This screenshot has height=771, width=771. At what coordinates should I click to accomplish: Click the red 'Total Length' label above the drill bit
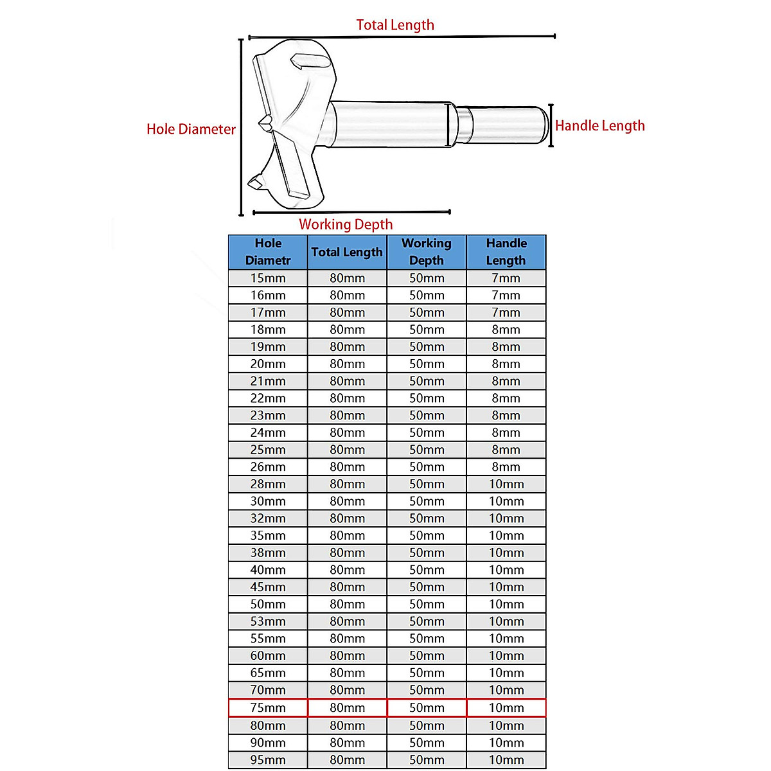tap(395, 25)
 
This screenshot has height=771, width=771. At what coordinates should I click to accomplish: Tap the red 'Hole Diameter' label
tap(191, 129)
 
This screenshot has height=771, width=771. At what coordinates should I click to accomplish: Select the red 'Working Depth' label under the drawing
tap(346, 224)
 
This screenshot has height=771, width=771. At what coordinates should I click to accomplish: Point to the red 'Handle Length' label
tap(599, 126)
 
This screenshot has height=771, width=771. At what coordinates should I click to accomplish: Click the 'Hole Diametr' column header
tap(268, 252)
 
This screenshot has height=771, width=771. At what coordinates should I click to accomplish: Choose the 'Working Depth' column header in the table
tap(427, 252)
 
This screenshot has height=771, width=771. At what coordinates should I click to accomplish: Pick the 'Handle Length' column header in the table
tap(506, 252)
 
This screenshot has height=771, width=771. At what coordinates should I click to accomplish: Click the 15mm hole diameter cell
tap(268, 278)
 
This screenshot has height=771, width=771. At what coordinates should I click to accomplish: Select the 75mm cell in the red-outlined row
tap(268, 708)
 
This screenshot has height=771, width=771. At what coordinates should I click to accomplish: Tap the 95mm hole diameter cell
tap(268, 760)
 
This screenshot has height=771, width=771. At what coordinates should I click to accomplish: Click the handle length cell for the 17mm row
tap(506, 312)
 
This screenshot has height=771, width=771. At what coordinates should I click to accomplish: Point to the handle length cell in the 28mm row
tap(506, 484)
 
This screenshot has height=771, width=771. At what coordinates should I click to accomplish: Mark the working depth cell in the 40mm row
tap(427, 570)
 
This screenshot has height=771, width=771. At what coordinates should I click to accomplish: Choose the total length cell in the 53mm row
tap(348, 621)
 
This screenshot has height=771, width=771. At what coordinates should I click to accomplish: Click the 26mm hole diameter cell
tap(268, 467)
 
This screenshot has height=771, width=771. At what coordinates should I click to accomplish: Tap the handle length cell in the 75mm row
tap(506, 708)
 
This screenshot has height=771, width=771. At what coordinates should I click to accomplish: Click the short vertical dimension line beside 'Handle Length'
tap(551, 125)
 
